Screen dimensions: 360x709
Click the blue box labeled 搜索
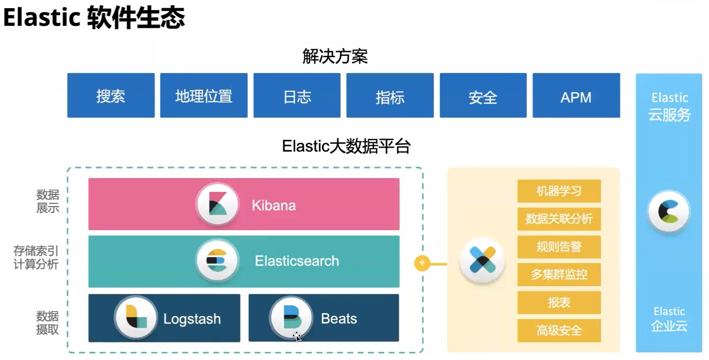coord(111,95)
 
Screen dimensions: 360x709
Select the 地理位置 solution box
coord(204,95)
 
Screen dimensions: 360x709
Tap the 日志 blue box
coord(297,95)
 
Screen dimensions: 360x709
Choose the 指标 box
coord(390,95)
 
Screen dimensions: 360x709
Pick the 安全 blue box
coord(483,95)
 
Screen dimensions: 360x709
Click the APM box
coord(576,95)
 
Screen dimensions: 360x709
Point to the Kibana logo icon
coord(217,204)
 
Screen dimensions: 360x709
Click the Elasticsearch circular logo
coord(217,260)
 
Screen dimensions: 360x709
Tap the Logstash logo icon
coord(136,317)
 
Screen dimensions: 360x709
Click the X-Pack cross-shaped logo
coord(483,261)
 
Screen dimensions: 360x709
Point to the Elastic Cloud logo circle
coord(669,211)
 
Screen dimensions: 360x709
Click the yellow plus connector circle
coord(422,263)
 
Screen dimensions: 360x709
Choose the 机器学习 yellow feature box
coord(559,191)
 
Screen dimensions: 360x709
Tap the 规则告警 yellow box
coord(559,247)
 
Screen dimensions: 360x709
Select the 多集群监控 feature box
coord(559,275)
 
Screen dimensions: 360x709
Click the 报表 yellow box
coord(559,303)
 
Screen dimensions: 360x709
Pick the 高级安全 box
coord(559,330)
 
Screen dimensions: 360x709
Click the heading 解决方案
coord(335,57)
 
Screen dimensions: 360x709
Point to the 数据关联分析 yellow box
coord(559,219)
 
